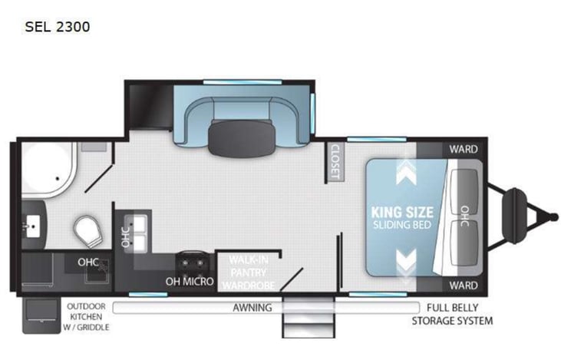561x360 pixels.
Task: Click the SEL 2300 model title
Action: tap(57, 27)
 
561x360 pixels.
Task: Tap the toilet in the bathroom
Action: tap(87, 229)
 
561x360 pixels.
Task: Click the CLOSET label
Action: tap(335, 162)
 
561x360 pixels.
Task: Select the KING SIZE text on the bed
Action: tap(402, 211)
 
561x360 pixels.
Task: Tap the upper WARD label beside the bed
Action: tap(463, 149)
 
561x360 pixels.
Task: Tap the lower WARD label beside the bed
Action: tap(463, 285)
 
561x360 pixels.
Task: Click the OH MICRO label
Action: tap(189, 281)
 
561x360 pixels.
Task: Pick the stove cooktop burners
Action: tap(189, 263)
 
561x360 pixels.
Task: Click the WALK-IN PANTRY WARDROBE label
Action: tap(249, 273)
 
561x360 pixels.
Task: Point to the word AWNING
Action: tap(253, 308)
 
